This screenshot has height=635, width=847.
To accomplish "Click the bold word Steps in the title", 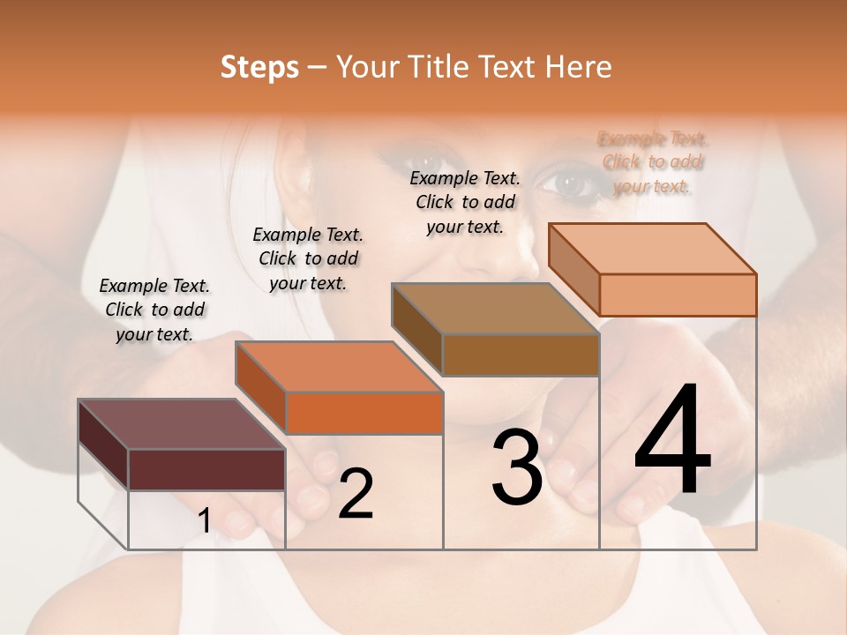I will pos(259,67).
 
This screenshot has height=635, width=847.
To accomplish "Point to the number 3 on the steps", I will pos(517,467).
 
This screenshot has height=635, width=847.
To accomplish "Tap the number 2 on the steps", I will pos(356,494).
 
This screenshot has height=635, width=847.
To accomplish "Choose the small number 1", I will pos(205,521).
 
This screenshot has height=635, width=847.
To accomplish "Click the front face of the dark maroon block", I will pos(206,469).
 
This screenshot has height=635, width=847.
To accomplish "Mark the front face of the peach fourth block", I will pos(678,295).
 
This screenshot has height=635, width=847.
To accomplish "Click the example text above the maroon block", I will pos(154,310).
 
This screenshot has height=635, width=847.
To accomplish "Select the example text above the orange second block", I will pos(308,258).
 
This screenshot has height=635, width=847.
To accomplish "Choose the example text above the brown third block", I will pos(465,202).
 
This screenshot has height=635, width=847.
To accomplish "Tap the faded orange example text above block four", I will pos(653,162).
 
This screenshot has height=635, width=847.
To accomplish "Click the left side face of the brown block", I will pos(416,332).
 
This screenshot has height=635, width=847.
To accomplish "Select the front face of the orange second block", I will pos(364,413).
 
